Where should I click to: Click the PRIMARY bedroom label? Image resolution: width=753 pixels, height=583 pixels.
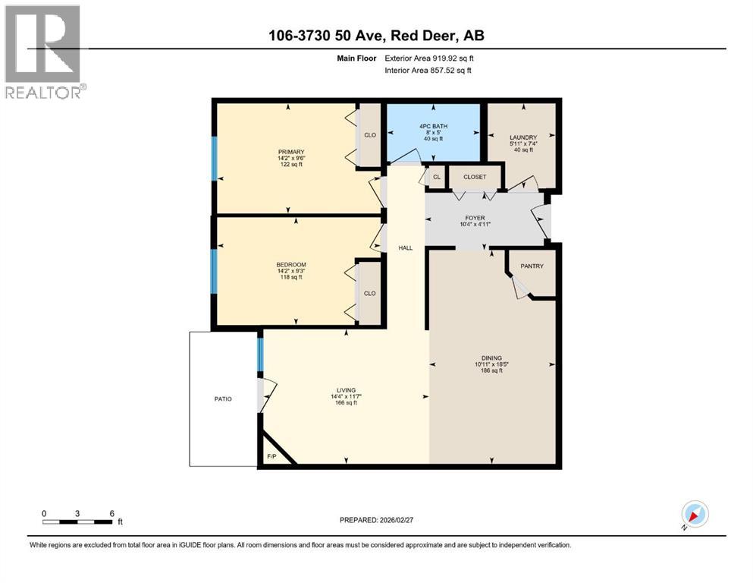(290, 152)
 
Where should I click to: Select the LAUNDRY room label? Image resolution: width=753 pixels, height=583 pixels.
(523, 137)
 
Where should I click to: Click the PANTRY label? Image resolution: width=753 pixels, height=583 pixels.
(531, 266)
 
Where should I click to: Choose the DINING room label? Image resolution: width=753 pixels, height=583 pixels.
(491, 358)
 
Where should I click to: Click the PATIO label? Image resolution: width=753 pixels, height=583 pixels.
(222, 399)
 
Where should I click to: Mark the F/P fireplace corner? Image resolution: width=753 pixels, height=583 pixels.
(271, 456)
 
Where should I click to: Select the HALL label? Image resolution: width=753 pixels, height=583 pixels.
(405, 248)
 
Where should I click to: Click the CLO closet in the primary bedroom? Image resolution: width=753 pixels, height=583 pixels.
(370, 135)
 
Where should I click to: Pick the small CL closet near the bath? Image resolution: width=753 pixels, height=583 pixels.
(436, 178)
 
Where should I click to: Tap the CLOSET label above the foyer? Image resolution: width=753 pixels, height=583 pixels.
(475, 177)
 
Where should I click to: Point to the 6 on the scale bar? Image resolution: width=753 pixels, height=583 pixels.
(111, 513)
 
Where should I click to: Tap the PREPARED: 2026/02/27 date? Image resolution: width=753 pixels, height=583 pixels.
(376, 520)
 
